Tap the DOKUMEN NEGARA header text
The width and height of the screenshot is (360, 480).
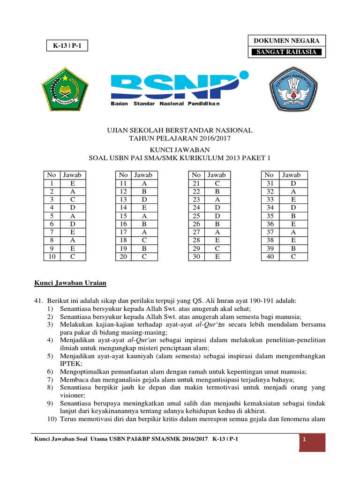pyautogui.click(x=286, y=41)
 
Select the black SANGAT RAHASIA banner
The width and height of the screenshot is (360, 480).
pyautogui.click(x=286, y=52)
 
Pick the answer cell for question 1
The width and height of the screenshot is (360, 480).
pyautogui.click(x=72, y=183)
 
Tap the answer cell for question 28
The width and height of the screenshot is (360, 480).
pyautogui.click(x=217, y=240)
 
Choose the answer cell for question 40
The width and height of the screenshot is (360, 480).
pyautogui.click(x=293, y=257)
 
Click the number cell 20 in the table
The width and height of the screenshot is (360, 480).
pyautogui.click(x=123, y=257)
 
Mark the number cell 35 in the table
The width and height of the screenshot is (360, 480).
pyautogui.click(x=270, y=216)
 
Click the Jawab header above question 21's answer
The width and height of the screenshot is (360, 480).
pyautogui.click(x=217, y=175)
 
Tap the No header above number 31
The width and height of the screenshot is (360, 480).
pyautogui.click(x=270, y=175)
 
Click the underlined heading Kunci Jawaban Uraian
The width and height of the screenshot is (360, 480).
pyautogui.click(x=70, y=283)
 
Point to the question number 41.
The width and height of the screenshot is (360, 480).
pyautogui.click(x=38, y=300)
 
